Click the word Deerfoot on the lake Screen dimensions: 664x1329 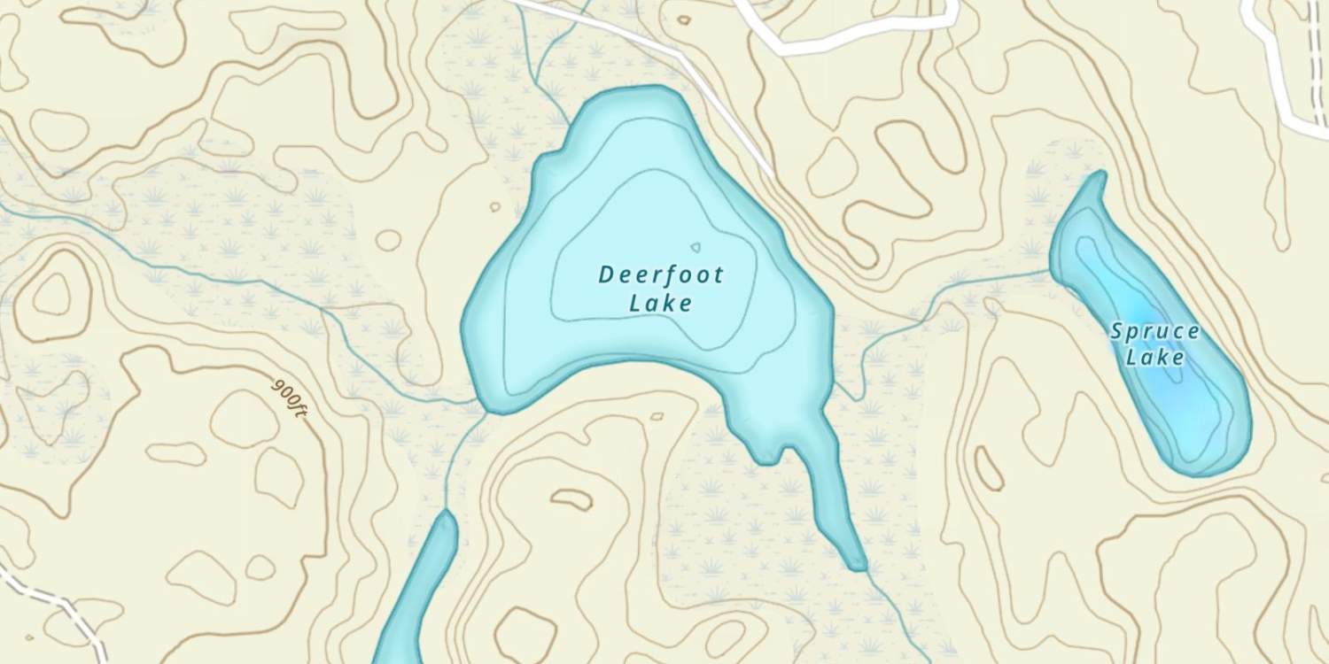point(661,274)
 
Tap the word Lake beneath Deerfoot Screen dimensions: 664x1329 point(661,304)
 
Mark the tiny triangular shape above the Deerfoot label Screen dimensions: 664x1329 point(696,248)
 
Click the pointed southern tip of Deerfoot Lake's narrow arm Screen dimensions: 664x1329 point(858,565)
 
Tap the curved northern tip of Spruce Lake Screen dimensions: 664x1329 point(1100,174)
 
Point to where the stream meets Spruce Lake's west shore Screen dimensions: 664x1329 point(1052,272)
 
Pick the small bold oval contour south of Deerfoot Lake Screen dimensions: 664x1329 point(571,499)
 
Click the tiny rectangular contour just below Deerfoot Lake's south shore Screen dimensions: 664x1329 point(657,416)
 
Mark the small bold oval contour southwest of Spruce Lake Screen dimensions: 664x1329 point(989,467)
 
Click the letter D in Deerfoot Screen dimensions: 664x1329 point(606,274)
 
